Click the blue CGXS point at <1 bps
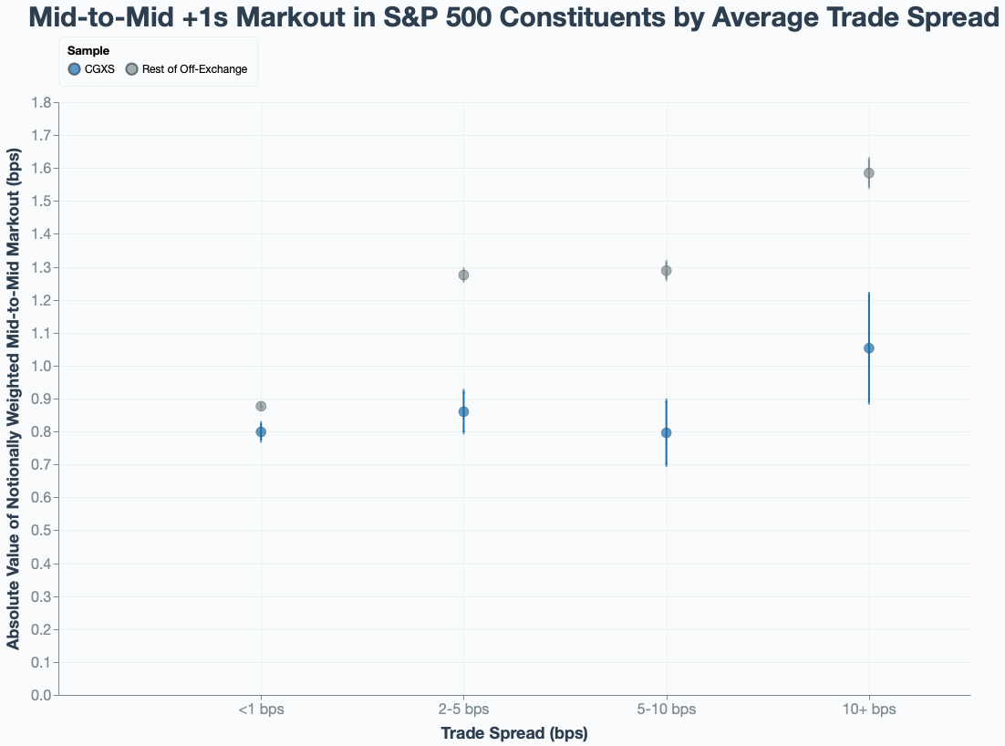pyautogui.click(x=261, y=431)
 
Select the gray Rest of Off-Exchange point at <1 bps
pyautogui.click(x=261, y=406)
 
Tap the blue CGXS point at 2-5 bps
pyautogui.click(x=463, y=411)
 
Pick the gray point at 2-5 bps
pyautogui.click(x=463, y=275)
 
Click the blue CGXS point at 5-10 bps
pyautogui.click(x=666, y=432)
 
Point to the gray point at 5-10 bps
pyautogui.click(x=666, y=271)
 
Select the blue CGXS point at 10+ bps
pyautogui.click(x=868, y=347)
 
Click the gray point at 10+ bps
pyautogui.click(x=868, y=173)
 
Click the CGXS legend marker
pyautogui.click(x=74, y=69)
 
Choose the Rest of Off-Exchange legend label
pyautogui.click(x=194, y=69)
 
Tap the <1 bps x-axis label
pyautogui.click(x=261, y=710)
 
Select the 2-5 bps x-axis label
pyautogui.click(x=463, y=710)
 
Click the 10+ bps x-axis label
pyautogui.click(x=868, y=710)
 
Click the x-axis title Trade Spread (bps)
pyautogui.click(x=513, y=733)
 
